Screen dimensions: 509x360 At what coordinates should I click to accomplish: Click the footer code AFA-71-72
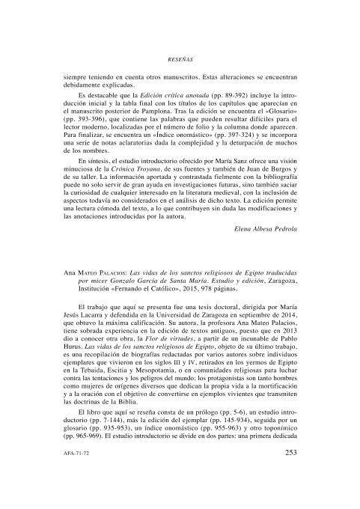(77, 474)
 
